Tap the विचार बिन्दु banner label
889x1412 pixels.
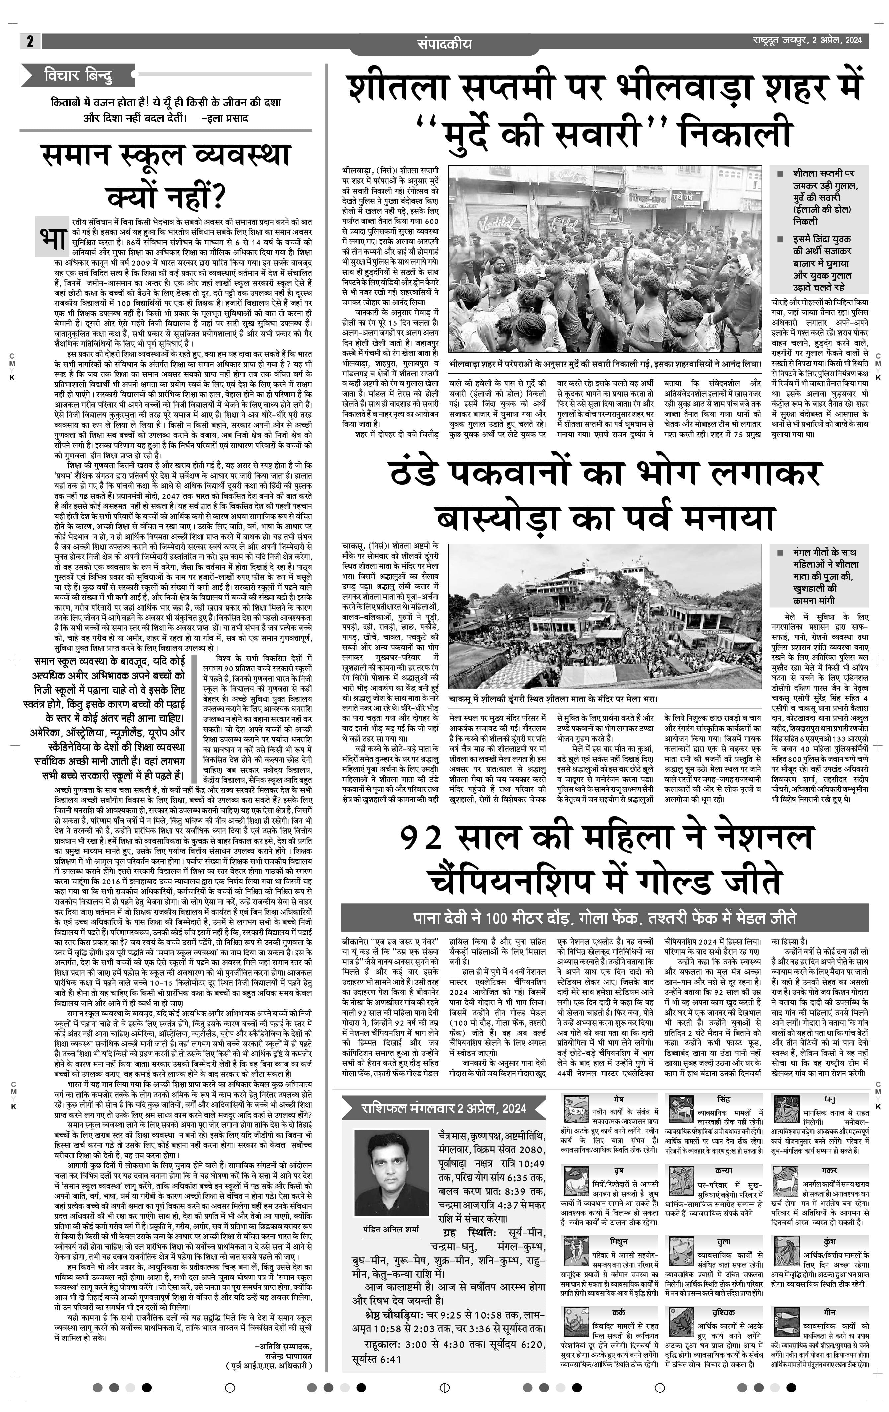tap(77, 75)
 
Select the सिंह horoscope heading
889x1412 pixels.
tap(723, 1098)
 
